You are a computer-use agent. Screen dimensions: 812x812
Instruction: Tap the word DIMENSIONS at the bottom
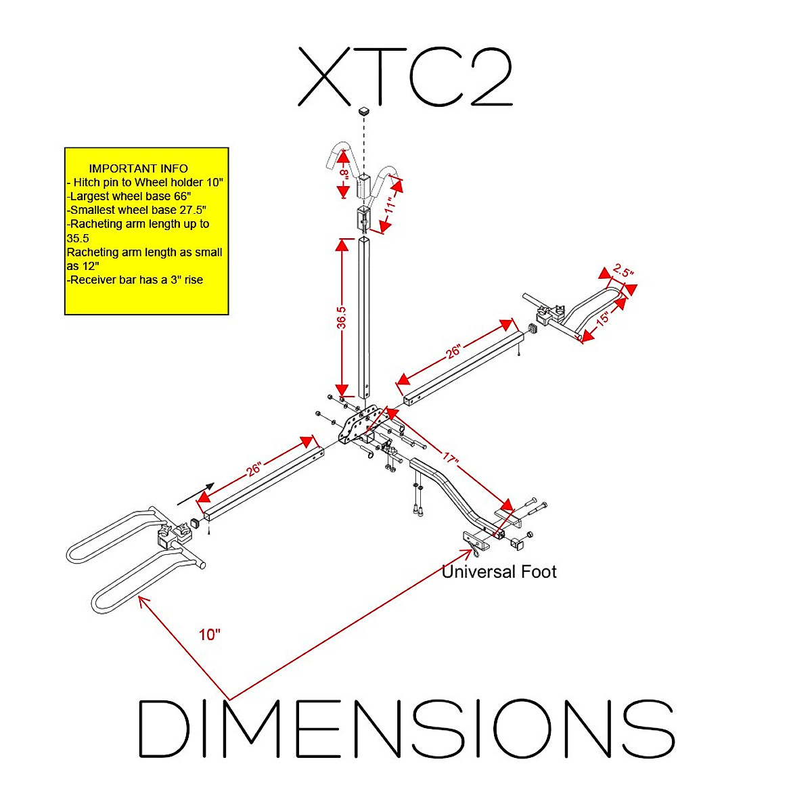pos(406,728)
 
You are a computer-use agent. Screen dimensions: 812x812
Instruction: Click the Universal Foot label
pos(499,572)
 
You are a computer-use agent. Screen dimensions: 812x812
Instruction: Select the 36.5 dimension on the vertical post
pos(342,318)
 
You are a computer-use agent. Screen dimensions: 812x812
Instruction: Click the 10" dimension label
pos(210,635)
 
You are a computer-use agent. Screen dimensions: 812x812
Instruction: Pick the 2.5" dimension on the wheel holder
pos(623,272)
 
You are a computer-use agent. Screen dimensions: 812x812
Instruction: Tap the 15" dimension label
pos(602,317)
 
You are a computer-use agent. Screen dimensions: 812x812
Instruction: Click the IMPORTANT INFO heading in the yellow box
pos(139,168)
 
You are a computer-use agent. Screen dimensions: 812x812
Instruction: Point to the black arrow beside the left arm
pos(196,495)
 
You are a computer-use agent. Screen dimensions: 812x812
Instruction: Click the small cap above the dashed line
pos(364,110)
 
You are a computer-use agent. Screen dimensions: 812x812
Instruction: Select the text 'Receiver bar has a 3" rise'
pos(135,279)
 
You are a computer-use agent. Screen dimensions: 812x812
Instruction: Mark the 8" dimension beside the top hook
pos(344,174)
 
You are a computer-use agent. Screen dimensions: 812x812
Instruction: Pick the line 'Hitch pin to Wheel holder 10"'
pos(145,183)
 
